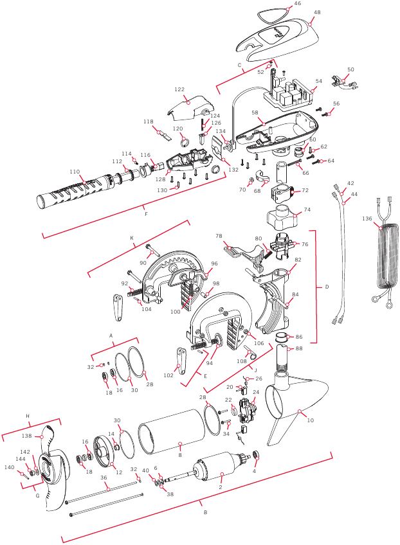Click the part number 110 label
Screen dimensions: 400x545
pos(75,172)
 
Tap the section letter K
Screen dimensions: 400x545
pos(132,238)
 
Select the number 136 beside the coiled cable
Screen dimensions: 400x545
pos(367,219)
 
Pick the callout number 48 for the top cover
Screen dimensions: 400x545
pos(317,12)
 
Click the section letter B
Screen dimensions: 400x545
pos(205,512)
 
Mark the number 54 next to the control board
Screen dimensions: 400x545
pos(319,81)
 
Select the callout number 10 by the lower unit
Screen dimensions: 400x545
pos(310,420)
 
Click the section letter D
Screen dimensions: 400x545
pos(327,287)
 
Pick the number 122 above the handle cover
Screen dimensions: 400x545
pos(179,89)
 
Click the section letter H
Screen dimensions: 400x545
pos(28,416)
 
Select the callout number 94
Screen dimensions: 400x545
pos(209,363)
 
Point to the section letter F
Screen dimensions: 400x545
pos(146,214)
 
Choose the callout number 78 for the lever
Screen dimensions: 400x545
pos(219,236)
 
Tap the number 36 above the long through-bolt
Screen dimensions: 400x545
pos(104,478)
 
